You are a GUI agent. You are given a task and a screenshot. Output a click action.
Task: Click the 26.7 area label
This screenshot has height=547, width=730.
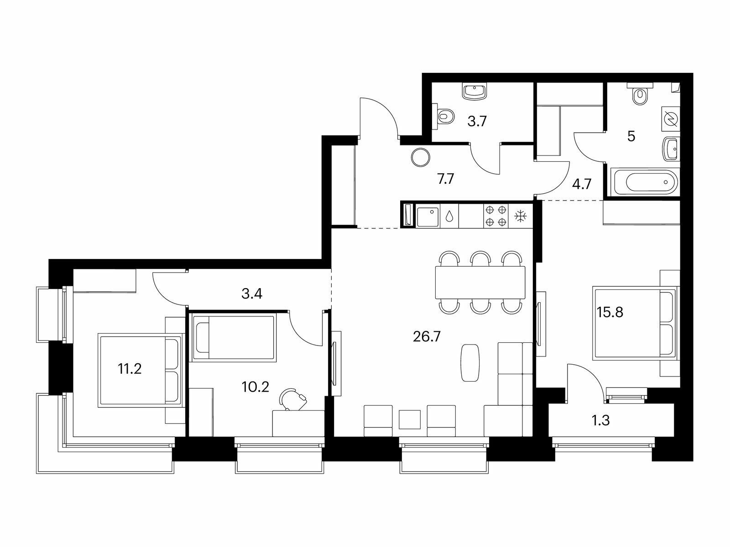(427, 337)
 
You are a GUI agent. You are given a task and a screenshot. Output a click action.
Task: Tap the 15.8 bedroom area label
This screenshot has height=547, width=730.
(610, 312)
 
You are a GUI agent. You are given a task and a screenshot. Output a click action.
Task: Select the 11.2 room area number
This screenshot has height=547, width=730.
(130, 369)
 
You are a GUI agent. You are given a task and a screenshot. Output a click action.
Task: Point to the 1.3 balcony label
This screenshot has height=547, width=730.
(600, 420)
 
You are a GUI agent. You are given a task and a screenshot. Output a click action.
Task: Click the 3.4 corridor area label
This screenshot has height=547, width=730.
(252, 294)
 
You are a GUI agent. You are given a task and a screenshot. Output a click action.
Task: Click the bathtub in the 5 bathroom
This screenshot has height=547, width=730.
(644, 182)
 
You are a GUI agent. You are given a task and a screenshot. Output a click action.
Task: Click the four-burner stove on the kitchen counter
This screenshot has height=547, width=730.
(496, 216)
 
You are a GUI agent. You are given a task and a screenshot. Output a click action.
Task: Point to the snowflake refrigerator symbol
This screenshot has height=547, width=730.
(521, 216)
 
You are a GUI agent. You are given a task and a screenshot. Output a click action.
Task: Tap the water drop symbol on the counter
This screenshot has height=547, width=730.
(449, 216)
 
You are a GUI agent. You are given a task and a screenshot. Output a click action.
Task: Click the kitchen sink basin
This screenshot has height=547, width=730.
(428, 217)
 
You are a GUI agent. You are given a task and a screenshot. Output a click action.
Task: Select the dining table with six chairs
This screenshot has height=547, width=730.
(480, 282)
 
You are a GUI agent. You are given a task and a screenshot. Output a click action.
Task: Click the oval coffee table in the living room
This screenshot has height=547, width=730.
(470, 362)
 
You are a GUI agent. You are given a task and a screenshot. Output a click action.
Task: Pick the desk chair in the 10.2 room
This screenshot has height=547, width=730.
(293, 400)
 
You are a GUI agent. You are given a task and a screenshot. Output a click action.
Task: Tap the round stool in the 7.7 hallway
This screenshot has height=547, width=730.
(420, 157)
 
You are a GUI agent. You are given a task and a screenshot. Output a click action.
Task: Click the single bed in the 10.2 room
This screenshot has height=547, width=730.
(235, 338)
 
